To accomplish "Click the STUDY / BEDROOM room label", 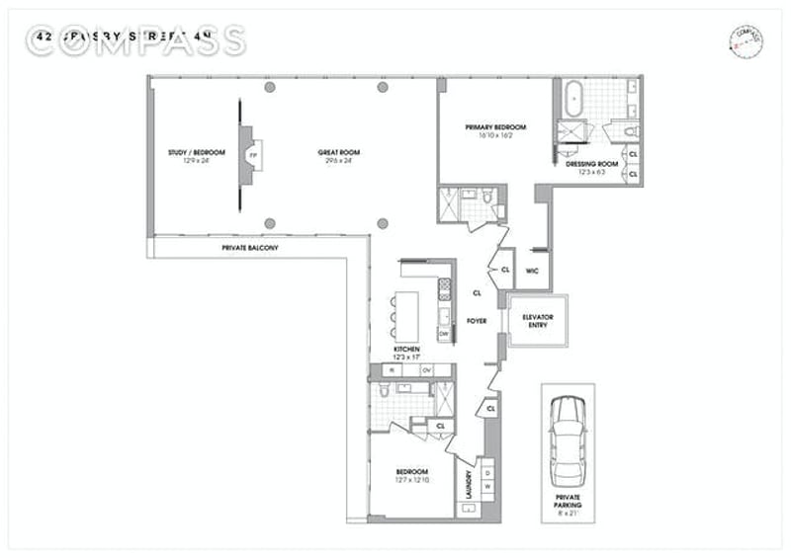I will [x=197, y=152].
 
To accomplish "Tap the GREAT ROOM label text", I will [x=338, y=152].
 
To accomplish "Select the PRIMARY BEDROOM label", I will [x=495, y=127].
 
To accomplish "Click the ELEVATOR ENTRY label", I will [x=538, y=321].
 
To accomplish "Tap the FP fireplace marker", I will [x=253, y=156].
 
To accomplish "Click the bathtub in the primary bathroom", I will [x=574, y=101].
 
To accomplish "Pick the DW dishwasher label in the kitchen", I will [x=444, y=333].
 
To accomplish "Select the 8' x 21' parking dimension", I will [x=568, y=514].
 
